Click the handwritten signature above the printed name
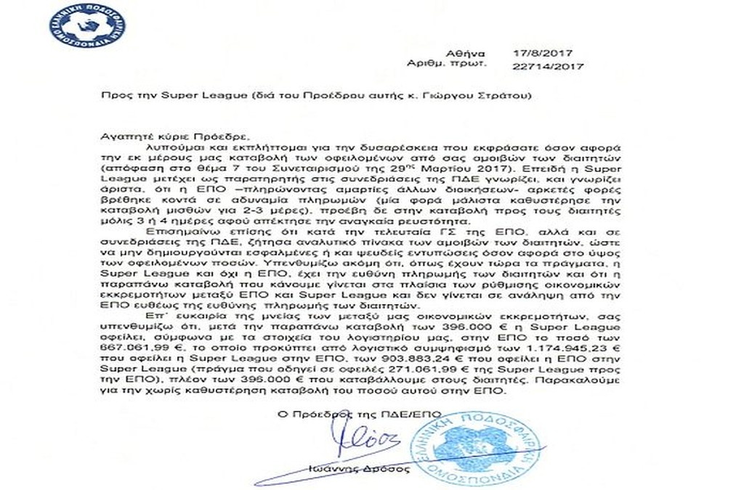[357, 440]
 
